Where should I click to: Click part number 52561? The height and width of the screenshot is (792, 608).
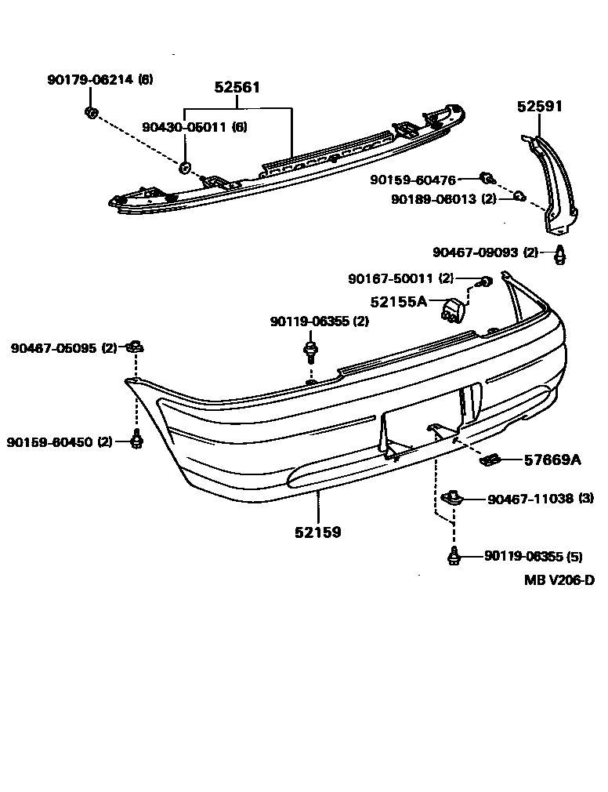[x=237, y=88]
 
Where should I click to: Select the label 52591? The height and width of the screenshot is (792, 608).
[x=539, y=107]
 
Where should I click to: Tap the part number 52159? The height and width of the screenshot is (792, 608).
[x=317, y=532]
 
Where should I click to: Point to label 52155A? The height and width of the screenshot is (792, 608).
[x=399, y=300]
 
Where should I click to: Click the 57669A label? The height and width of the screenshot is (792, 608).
[x=552, y=460]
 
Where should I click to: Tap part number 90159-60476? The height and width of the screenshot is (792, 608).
[x=413, y=180]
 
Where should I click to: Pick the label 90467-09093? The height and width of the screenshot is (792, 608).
[x=475, y=252]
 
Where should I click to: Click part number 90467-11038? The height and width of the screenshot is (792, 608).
[x=530, y=498]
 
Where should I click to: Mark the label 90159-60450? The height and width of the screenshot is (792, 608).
[x=52, y=441]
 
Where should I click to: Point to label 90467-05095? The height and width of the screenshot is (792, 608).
[x=53, y=348]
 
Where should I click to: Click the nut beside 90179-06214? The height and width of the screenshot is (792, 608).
[x=91, y=113]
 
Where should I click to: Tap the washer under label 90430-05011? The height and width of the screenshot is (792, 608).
[x=186, y=166]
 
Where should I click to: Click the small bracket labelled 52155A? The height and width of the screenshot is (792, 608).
[x=452, y=309]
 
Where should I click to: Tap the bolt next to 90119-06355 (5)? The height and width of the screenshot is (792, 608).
[x=453, y=556]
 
